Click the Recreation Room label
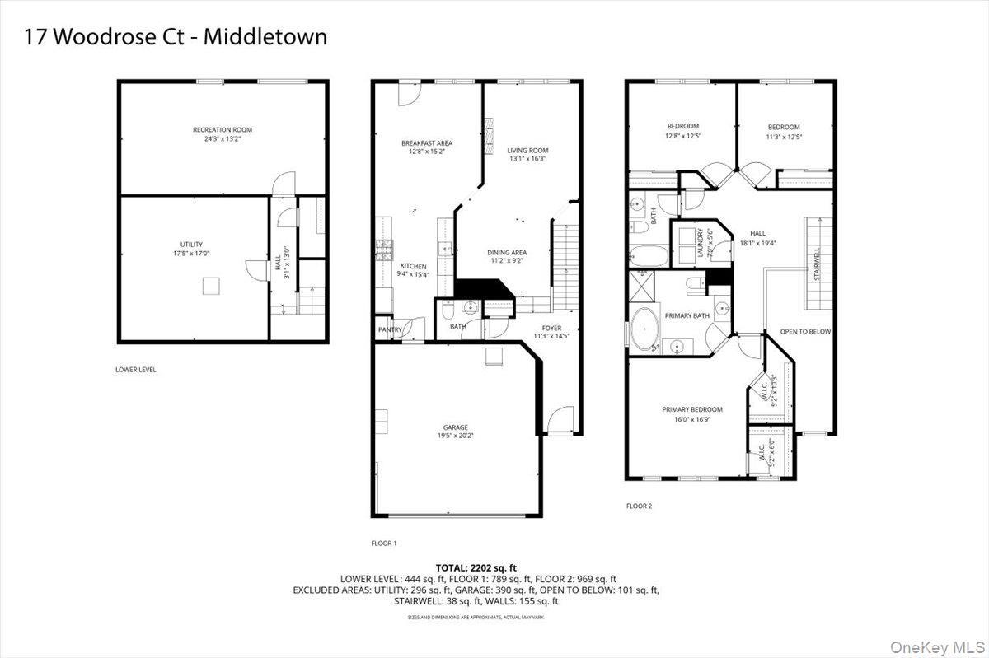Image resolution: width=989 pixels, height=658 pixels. click(x=223, y=130)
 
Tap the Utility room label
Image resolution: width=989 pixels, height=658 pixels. click(x=191, y=245)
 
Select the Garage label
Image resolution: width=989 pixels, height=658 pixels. click(x=455, y=427)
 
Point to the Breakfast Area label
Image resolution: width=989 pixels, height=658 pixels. click(x=426, y=143)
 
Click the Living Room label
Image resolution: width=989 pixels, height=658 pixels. click(x=528, y=151)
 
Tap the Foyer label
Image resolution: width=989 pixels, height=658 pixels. click(x=551, y=328)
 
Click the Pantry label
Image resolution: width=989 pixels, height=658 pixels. click(x=390, y=330)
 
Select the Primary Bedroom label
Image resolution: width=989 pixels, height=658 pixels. click(x=691, y=410)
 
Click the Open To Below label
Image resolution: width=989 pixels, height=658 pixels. click(x=805, y=332)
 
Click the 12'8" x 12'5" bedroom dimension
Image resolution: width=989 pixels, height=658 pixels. click(x=682, y=136)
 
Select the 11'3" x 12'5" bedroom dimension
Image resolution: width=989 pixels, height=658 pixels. click(x=784, y=137)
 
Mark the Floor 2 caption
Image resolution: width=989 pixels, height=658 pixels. click(x=639, y=506)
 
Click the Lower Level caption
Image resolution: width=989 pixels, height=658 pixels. click(x=136, y=370)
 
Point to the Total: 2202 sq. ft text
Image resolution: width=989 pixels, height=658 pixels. click(x=478, y=568)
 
